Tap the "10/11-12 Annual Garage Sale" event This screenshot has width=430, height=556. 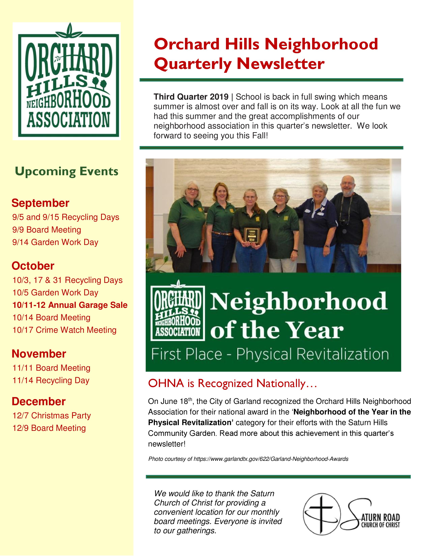click(x=70, y=305)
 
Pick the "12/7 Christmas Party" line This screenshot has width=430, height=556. click(x=51, y=415)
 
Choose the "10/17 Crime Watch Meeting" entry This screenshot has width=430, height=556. click(x=64, y=330)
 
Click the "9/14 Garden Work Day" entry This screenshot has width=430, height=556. click(x=55, y=242)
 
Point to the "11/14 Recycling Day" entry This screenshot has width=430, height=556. click(x=51, y=380)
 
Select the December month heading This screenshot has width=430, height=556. click(x=39, y=401)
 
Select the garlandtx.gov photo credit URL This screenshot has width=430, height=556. click(x=271, y=459)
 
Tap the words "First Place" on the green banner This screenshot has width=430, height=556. click(x=187, y=354)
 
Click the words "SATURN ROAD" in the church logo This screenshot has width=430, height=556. click(x=380, y=517)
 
